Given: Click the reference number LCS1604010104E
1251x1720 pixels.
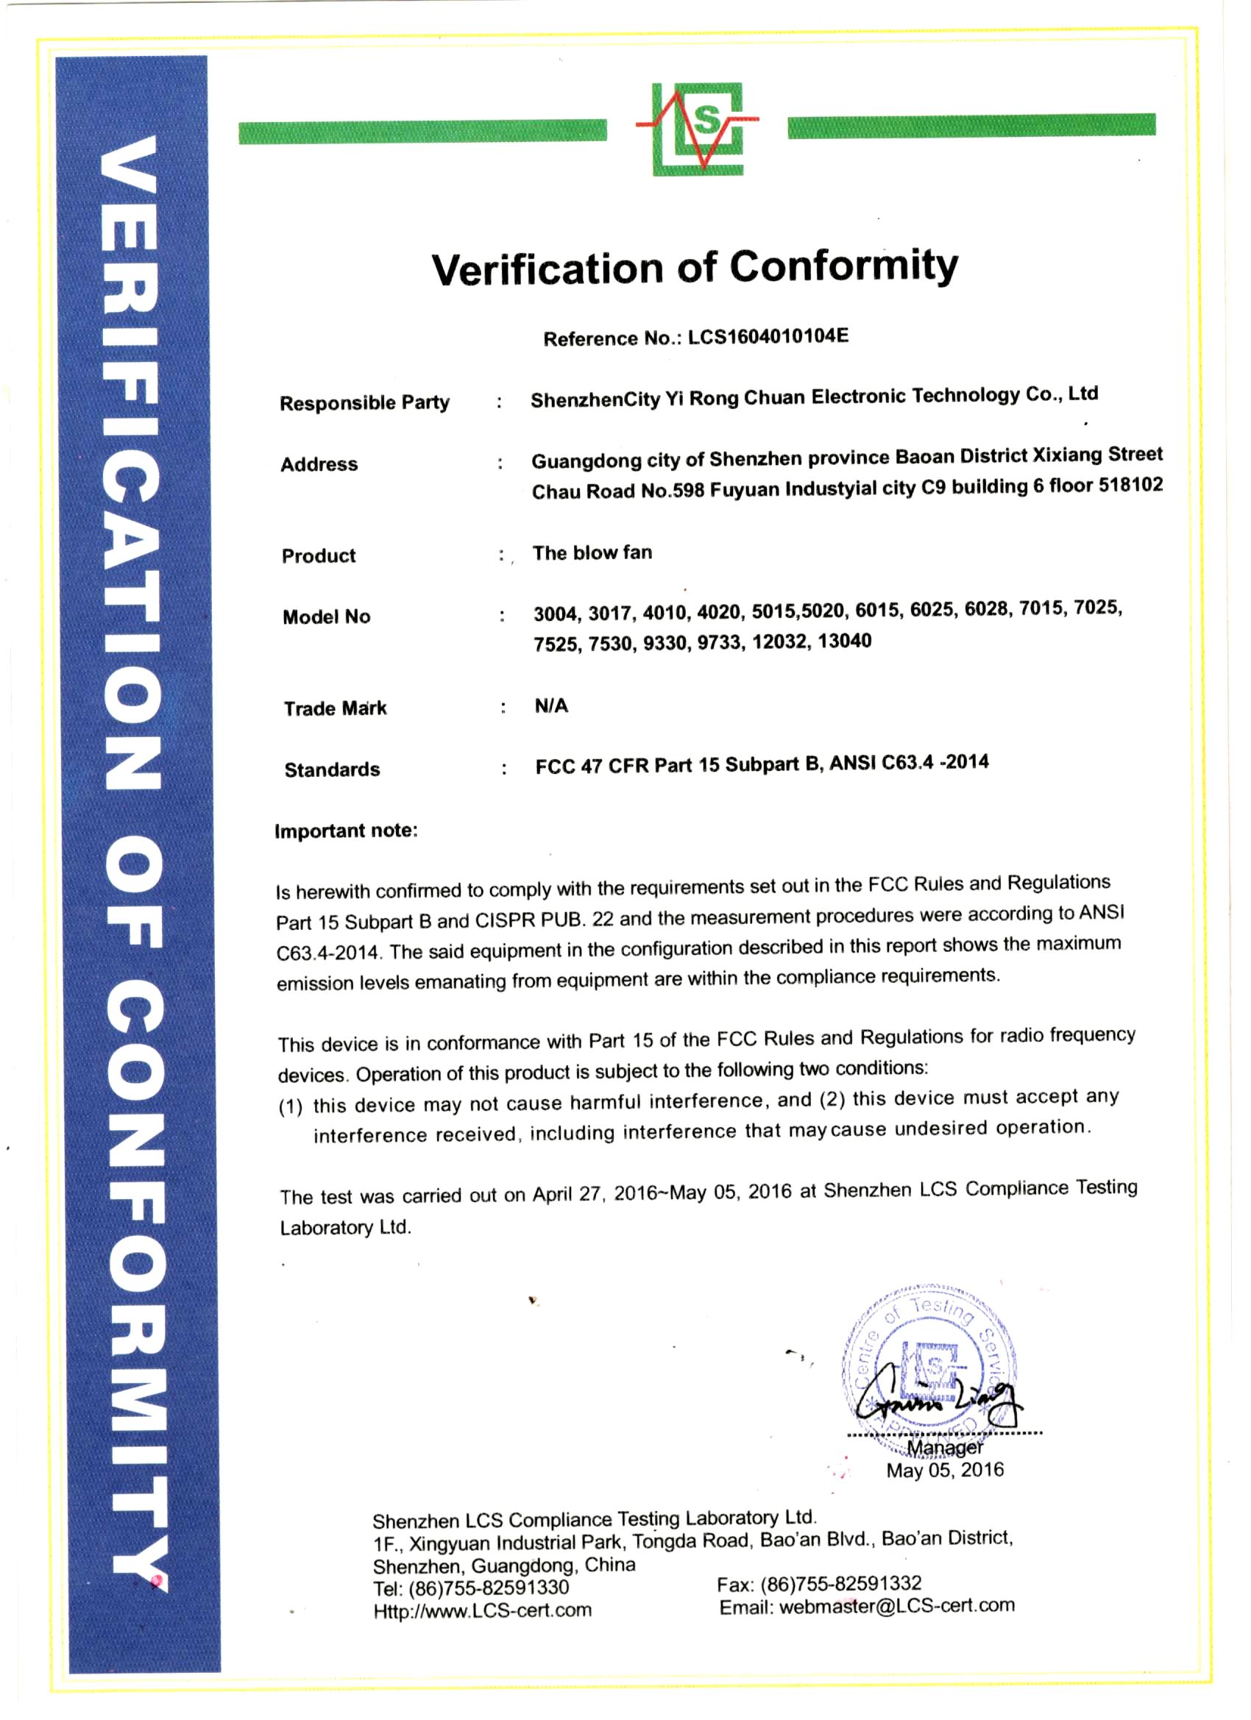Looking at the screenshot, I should (x=768, y=336).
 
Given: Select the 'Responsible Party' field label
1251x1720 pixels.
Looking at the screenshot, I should (x=364, y=402).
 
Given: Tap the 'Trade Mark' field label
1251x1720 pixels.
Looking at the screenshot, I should (x=335, y=708).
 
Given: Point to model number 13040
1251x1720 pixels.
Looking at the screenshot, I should (x=844, y=641).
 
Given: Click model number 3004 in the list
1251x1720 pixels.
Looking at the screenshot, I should (x=556, y=614).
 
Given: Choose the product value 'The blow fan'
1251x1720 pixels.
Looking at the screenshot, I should (x=592, y=553).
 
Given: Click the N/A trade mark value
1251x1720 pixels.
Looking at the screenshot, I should (x=551, y=706).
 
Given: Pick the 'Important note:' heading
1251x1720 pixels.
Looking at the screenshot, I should (x=346, y=831).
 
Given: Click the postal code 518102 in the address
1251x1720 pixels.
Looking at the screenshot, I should (x=1130, y=485).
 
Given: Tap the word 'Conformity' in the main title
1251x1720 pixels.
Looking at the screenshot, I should (x=843, y=266).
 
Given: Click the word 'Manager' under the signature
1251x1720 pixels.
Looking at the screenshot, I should (x=945, y=1447).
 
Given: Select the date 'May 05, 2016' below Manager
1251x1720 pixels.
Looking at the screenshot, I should (x=945, y=1471).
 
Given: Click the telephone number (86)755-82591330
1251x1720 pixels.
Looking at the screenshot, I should (x=489, y=1588).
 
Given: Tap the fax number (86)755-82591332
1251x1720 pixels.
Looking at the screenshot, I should (x=841, y=1583).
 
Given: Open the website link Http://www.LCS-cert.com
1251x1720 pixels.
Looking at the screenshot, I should (x=483, y=1610).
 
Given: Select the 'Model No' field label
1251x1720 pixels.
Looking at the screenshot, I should (x=326, y=616).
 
